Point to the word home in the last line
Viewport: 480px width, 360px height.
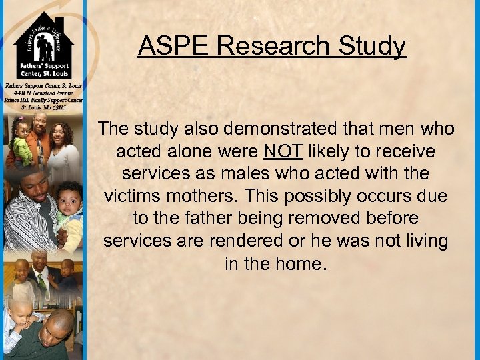[x=301, y=264]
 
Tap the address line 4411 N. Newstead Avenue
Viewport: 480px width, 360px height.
[x=43, y=93]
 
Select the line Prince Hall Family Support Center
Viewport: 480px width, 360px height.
[x=43, y=100]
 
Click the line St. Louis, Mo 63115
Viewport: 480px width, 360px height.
[x=43, y=107]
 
